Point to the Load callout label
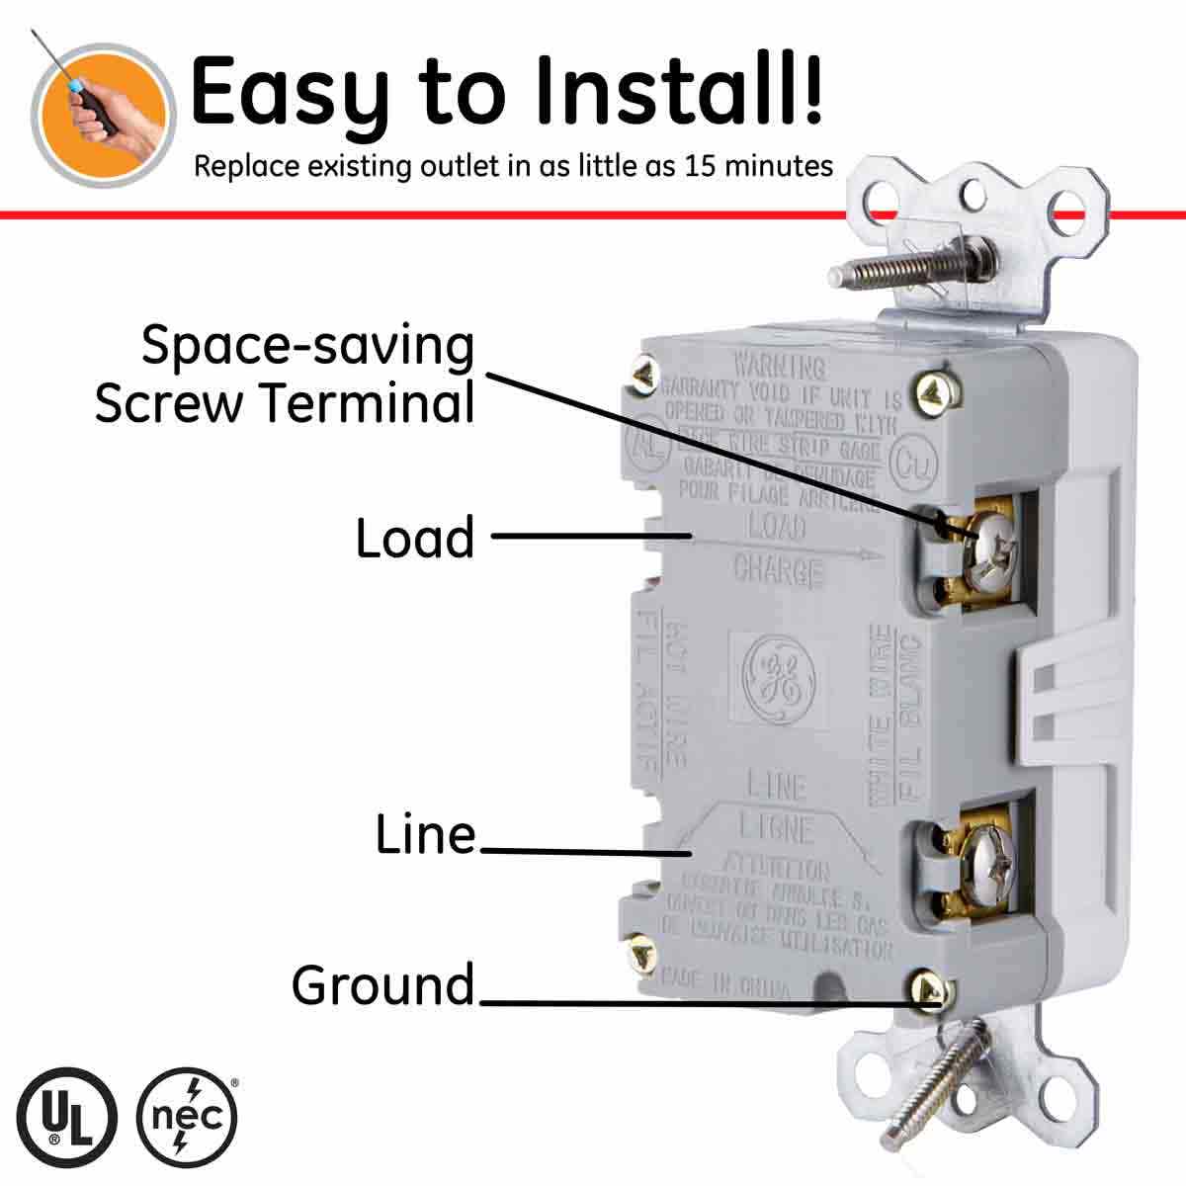(x=415, y=538)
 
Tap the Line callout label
(x=426, y=835)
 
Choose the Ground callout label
(x=383, y=985)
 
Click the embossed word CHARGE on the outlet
(x=778, y=569)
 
